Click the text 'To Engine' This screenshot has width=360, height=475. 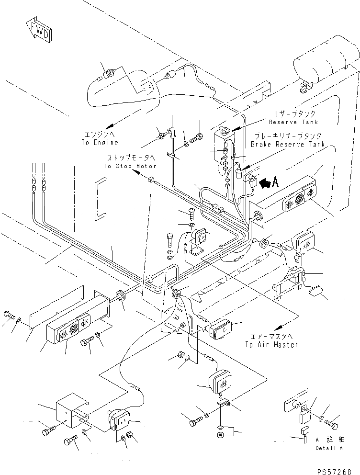99,143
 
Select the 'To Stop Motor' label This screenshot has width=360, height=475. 130,166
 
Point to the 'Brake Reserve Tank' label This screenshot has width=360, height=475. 288,144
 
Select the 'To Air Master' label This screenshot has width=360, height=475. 271,344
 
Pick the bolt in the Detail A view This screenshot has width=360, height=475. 331,424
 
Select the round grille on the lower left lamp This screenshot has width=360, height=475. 74,329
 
